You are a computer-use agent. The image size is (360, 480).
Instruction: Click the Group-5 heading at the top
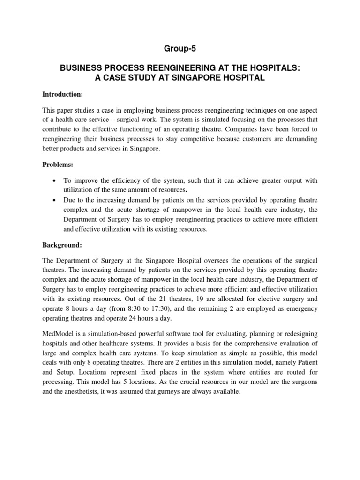point(180,48)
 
